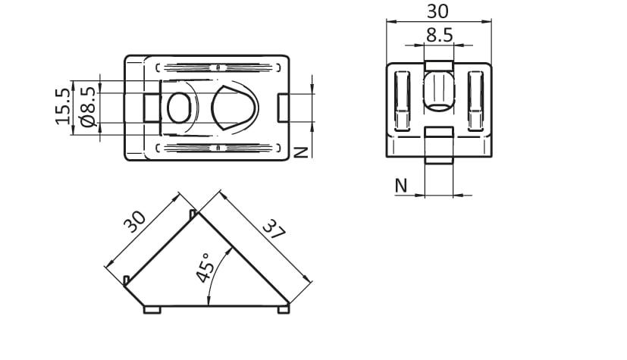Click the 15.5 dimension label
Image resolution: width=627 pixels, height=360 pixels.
63,106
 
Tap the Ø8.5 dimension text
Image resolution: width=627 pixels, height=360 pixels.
88,107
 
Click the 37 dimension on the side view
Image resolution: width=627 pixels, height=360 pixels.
274,229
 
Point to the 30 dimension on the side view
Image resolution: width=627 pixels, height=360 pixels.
135,222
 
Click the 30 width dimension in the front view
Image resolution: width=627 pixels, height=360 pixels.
438,11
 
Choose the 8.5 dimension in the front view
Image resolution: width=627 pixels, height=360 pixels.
439,35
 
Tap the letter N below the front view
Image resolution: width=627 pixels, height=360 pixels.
400,186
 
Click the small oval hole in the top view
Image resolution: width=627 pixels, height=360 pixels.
179,108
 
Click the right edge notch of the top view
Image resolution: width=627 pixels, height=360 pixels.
283,108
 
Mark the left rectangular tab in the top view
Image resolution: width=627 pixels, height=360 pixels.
152,108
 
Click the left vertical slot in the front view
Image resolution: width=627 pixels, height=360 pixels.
402,101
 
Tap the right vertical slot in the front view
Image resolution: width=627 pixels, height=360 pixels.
475,101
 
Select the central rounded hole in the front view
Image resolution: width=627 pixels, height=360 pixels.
439,91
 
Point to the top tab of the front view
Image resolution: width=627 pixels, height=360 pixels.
439,66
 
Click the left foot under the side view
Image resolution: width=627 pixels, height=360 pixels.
152,310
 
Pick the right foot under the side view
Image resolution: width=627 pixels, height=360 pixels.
284,310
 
